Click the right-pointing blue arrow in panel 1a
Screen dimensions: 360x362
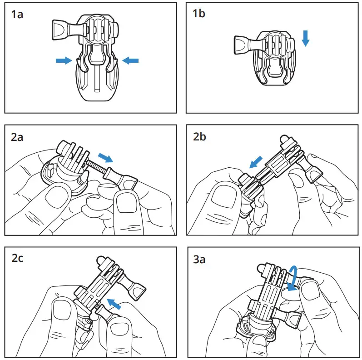coord(64,60)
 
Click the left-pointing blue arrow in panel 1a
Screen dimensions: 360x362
coord(130,60)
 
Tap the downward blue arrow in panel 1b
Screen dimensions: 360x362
coord(305,38)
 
